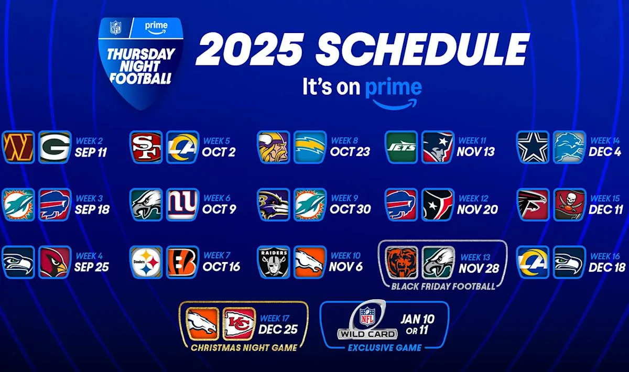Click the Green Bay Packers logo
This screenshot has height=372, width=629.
point(55,147)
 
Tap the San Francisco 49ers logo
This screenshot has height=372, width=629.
point(146,147)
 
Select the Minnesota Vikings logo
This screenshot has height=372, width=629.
point(273,147)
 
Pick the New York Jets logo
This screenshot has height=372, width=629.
point(401,147)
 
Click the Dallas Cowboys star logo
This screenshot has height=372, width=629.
point(533,147)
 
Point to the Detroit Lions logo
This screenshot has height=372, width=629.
point(569,147)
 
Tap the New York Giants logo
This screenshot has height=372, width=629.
point(182,204)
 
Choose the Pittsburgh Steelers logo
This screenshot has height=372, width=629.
point(146,262)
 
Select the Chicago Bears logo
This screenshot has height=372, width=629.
point(402,262)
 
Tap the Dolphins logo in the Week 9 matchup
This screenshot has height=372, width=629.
point(310,204)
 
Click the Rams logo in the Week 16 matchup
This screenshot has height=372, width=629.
point(533,262)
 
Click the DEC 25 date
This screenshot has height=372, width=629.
point(279,329)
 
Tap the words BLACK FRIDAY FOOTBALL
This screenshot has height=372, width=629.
point(443,287)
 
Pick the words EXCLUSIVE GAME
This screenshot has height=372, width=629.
point(384,347)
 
